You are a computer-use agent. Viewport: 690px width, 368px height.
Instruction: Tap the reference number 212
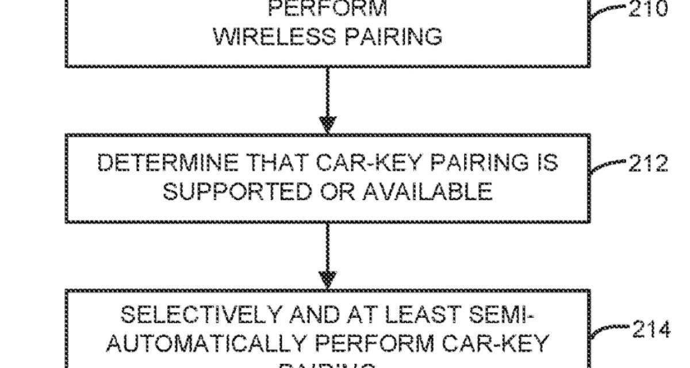pos(646,164)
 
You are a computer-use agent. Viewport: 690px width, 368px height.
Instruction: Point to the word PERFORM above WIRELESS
pos(328,8)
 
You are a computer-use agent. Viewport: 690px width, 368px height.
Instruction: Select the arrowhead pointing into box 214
pos(328,280)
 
